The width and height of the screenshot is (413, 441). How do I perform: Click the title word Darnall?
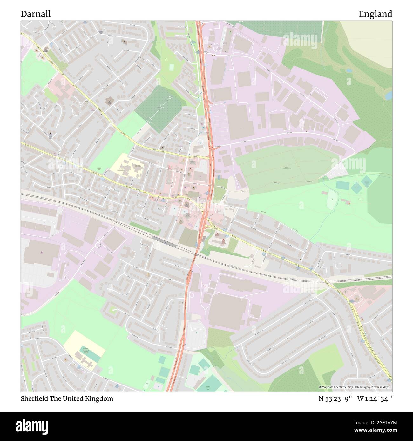pos(36,14)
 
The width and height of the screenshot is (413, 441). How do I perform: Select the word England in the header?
pos(375,14)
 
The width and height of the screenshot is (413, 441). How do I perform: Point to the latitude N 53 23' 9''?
pos(335,398)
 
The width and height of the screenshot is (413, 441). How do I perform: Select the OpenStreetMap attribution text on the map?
pos(355,387)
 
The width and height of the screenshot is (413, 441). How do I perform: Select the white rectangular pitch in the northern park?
pos(172,67)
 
